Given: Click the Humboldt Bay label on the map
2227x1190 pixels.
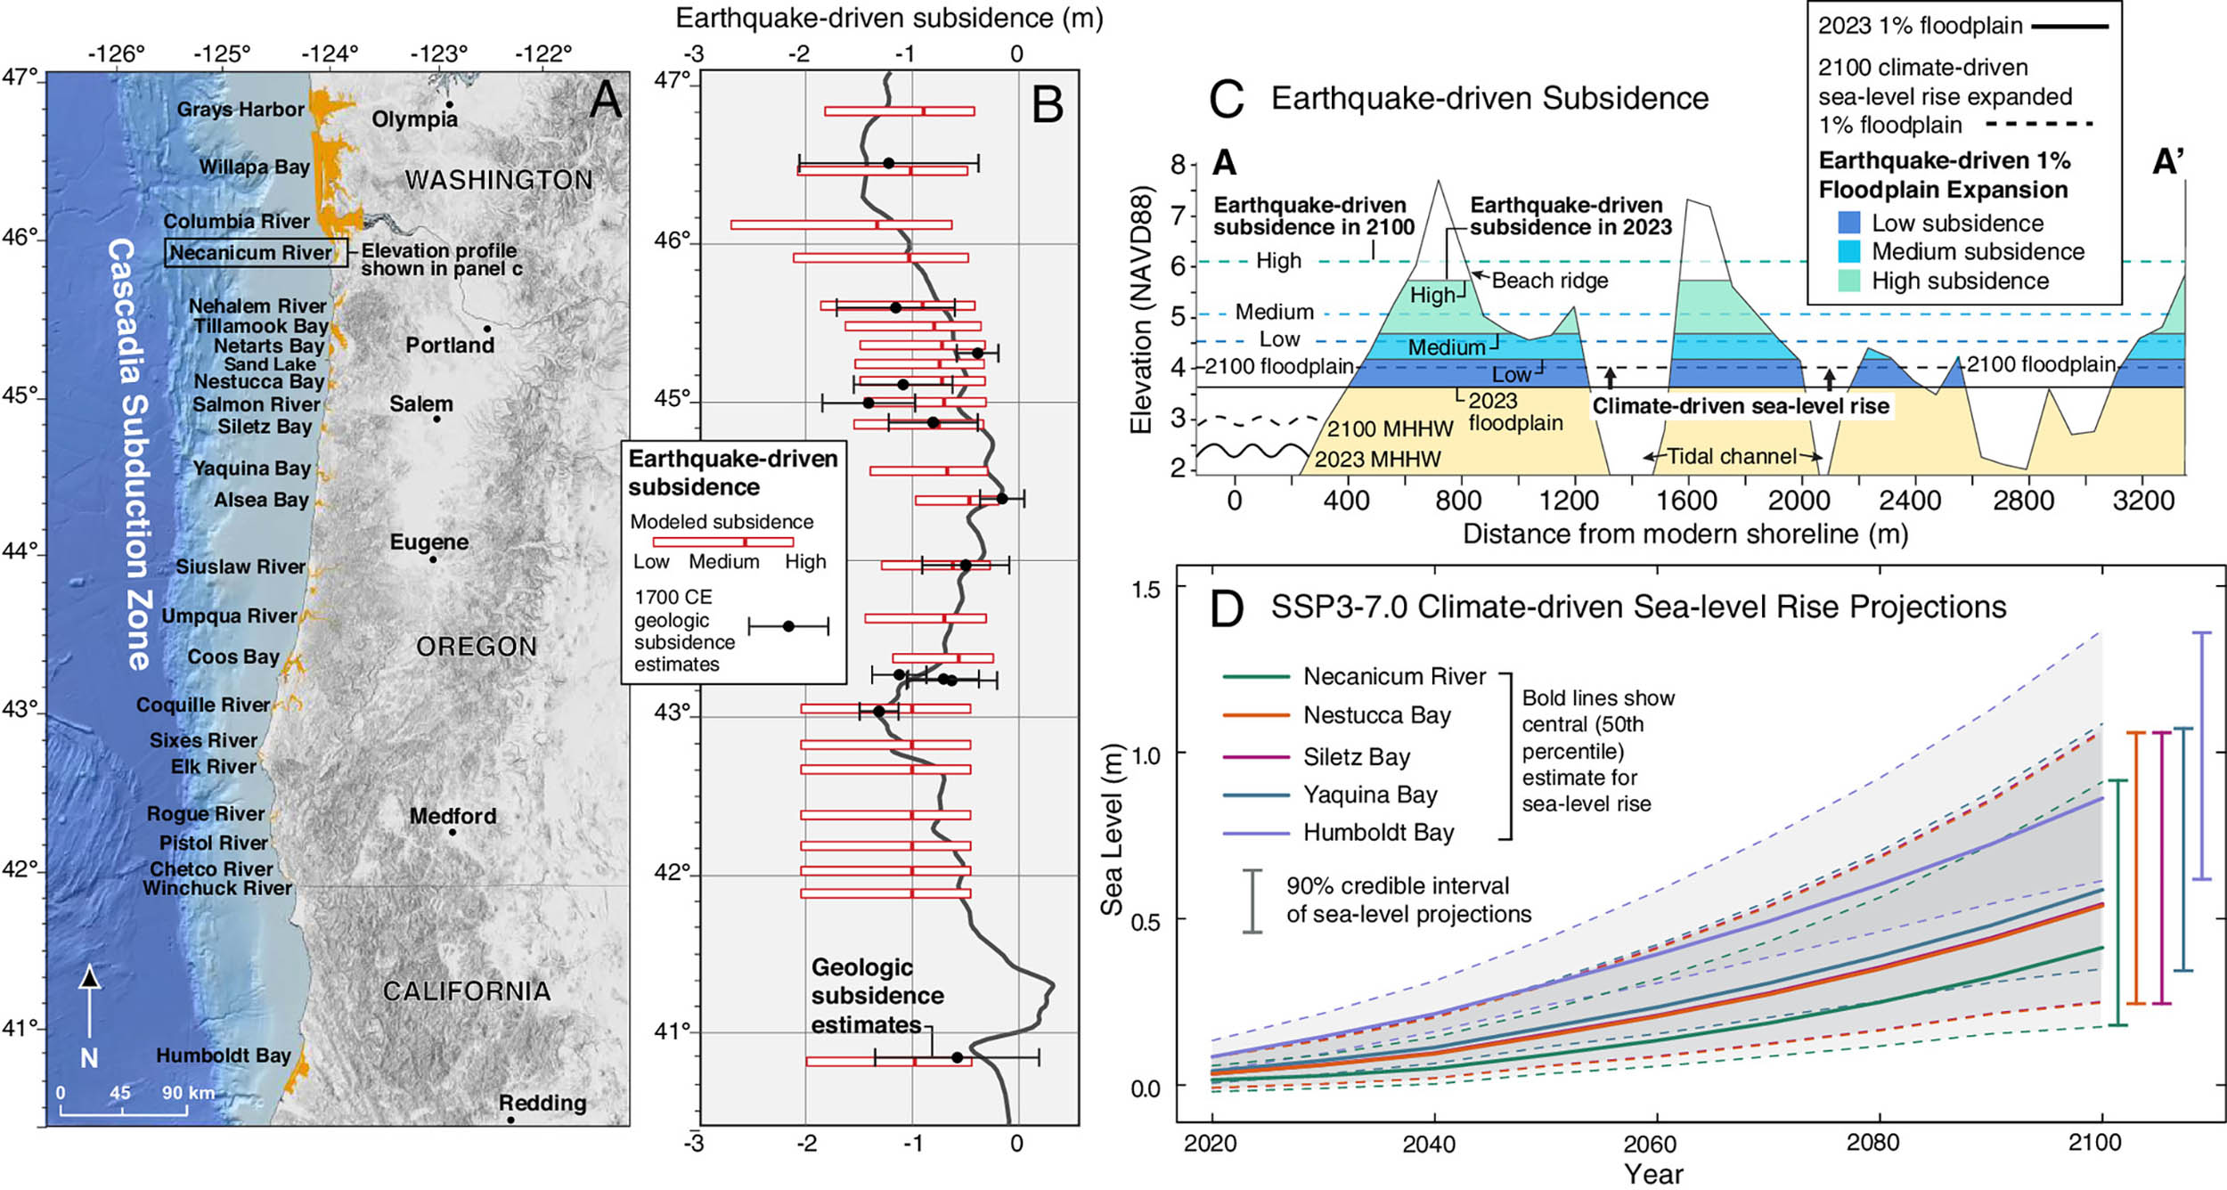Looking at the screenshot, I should click(x=224, y=1056).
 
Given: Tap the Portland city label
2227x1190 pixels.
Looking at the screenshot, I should click(x=450, y=345).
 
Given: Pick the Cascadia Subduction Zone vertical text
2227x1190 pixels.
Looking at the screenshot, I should click(x=130, y=454).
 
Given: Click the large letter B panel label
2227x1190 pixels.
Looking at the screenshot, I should click(x=1047, y=105).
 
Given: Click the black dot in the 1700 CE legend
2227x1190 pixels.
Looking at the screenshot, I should click(x=788, y=626).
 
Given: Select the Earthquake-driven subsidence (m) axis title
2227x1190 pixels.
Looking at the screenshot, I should click(x=889, y=19).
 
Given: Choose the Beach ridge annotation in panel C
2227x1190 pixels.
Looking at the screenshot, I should click(x=1550, y=281).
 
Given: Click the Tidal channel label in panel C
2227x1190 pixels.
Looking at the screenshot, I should click(x=1731, y=457).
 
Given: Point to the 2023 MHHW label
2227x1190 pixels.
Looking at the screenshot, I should click(x=1377, y=460).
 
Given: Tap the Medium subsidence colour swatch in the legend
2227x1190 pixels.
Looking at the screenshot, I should click(x=1849, y=252).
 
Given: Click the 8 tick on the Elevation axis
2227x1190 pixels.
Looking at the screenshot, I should click(x=1179, y=165).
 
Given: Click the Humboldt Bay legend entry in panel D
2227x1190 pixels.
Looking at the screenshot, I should click(x=1378, y=833).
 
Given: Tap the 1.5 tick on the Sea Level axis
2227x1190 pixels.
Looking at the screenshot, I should click(x=1146, y=590).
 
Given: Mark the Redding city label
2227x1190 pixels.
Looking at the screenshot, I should click(x=542, y=1104).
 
